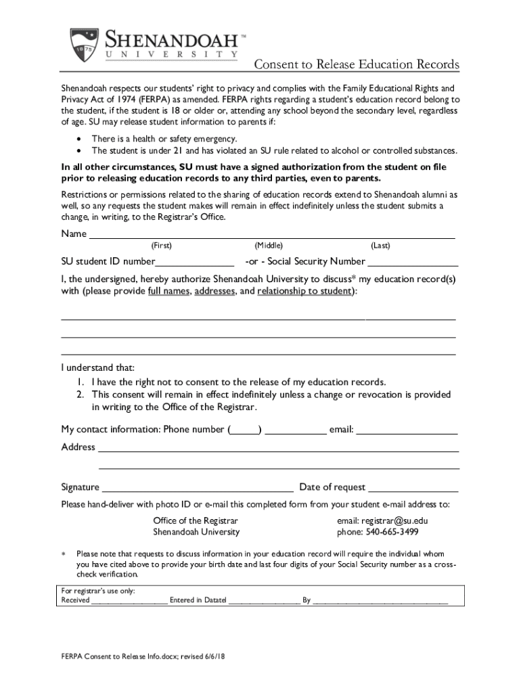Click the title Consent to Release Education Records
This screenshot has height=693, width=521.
(x=356, y=64)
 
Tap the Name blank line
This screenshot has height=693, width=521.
(x=271, y=236)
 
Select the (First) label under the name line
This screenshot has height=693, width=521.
(x=161, y=246)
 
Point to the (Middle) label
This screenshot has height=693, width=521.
(x=269, y=246)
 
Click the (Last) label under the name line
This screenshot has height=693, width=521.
(x=380, y=246)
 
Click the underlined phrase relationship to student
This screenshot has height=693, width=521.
(x=304, y=291)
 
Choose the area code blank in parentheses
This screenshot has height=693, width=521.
(x=245, y=430)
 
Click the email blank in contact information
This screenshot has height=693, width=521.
(x=407, y=430)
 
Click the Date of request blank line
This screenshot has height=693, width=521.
(x=413, y=489)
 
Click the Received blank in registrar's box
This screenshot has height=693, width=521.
(x=129, y=601)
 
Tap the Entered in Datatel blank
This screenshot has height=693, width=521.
(x=264, y=601)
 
